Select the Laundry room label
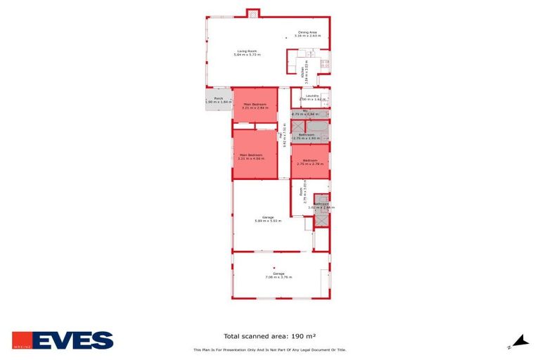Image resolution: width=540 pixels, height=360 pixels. click(x=312, y=98)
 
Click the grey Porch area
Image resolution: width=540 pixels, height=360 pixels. click(x=218, y=101)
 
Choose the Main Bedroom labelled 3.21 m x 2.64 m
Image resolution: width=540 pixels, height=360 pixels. click(x=255, y=106)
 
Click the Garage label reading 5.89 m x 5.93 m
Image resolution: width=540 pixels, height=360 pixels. click(x=268, y=219)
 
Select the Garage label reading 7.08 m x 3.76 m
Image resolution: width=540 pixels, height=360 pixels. click(x=279, y=275)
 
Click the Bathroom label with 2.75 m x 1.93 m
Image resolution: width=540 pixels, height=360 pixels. click(x=306, y=136)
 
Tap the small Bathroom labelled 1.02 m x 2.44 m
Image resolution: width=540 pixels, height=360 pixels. click(x=321, y=205)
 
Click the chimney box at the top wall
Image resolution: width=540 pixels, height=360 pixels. click(x=252, y=12)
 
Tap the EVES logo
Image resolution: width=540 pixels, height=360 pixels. click(x=63, y=340)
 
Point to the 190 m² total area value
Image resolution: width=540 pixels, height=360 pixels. click(x=315, y=336)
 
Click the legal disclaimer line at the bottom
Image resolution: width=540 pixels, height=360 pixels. click(x=269, y=349)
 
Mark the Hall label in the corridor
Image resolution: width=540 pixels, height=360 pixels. click(x=283, y=134)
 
